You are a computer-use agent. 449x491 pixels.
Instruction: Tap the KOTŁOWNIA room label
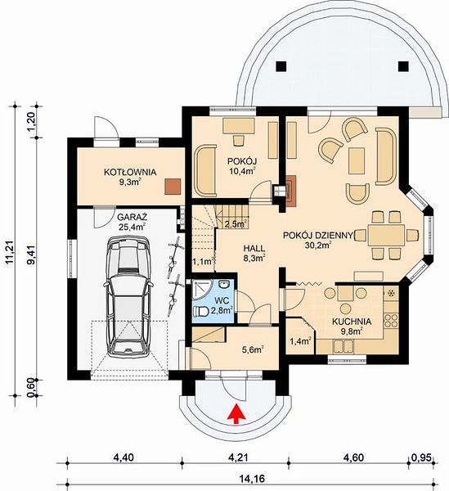130,172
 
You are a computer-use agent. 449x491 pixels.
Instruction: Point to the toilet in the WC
201,312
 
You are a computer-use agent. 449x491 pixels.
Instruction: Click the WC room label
222,300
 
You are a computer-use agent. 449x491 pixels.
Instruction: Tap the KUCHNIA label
352,322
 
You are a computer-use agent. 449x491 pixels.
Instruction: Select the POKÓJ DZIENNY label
318,235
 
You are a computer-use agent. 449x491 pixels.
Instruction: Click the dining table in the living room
386,235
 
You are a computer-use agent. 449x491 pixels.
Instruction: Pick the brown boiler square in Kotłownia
173,187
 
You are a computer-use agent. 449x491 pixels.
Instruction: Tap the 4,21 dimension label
238,457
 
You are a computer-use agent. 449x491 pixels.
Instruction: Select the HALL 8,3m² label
254,253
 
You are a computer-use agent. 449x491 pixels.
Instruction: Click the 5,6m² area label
253,349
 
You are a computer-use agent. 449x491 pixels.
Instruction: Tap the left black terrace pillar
281,66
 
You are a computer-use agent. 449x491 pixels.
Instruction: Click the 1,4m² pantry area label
300,341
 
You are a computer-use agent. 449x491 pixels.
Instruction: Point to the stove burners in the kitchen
391,320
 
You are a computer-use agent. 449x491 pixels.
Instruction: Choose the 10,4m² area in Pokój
242,171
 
